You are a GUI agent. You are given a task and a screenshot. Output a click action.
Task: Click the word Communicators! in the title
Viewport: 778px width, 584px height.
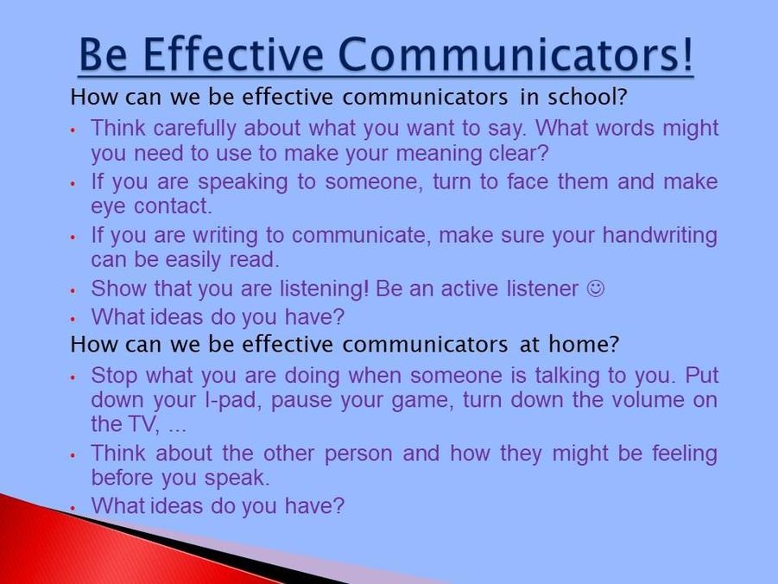pos(516,54)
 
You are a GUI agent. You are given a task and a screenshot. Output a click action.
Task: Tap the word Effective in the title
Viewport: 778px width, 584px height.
pos(233,54)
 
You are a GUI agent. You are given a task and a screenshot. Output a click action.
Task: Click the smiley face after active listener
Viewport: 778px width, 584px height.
pos(596,288)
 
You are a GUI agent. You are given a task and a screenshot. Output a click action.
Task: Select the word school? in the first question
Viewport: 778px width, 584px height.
pos(587,97)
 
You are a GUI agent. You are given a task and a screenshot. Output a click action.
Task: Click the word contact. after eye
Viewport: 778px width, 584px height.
pos(174,206)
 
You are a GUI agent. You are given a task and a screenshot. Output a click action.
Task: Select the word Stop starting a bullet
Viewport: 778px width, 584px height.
pos(114,376)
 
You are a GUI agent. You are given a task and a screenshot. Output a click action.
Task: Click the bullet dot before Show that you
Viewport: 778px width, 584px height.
pos(73,290)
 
